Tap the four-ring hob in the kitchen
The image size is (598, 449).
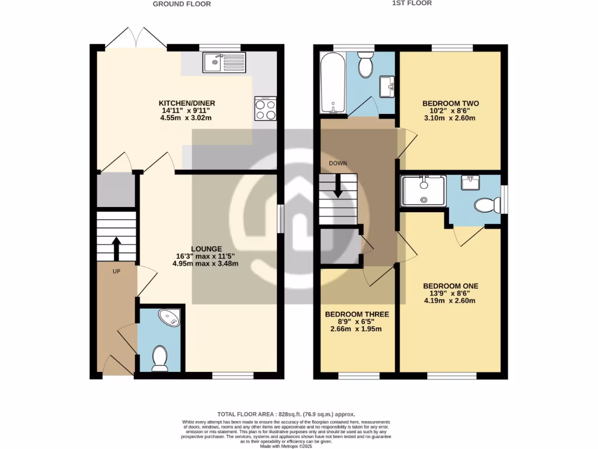[x=265, y=109]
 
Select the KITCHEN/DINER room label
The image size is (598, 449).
[x=185, y=103]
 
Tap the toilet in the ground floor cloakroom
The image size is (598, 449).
[x=159, y=357]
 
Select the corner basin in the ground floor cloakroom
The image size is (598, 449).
[x=172, y=317]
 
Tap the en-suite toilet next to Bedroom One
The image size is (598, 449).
[x=486, y=205]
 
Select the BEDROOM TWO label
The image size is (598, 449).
[x=449, y=103]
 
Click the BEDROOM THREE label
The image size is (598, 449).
[x=356, y=314]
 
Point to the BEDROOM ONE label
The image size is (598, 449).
[x=450, y=286]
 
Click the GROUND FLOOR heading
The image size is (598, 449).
[x=182, y=4]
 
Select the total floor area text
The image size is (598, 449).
[x=286, y=413]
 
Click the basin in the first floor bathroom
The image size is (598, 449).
[x=387, y=87]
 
